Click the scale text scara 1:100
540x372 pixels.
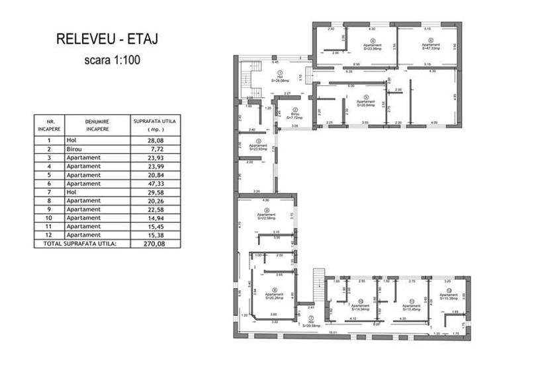pyautogui.click(x=112, y=59)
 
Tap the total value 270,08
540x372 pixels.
pyautogui.click(x=154, y=243)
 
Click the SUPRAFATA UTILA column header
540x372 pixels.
pyautogui.click(x=153, y=125)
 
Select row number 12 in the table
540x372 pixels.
pyautogui.click(x=49, y=235)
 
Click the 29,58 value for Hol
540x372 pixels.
pyautogui.click(x=154, y=192)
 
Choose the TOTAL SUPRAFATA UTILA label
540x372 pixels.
pyautogui.click(x=82, y=243)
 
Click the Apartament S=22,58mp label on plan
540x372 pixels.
pyautogui.click(x=266, y=215)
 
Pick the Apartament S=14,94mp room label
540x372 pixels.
pyautogui.click(x=361, y=305)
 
